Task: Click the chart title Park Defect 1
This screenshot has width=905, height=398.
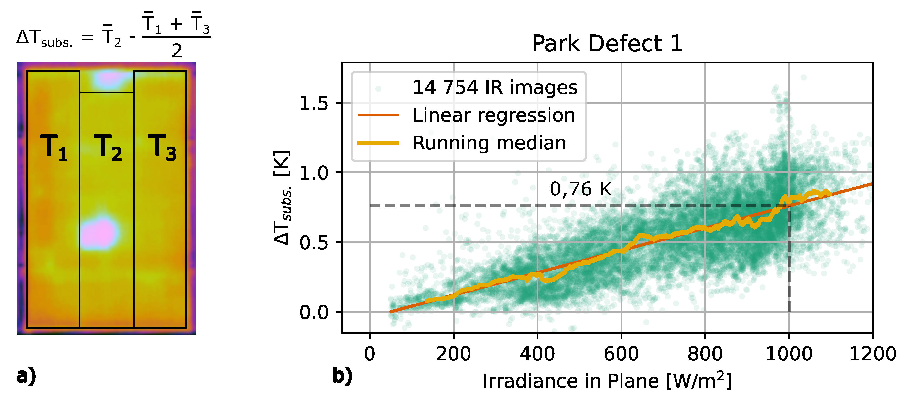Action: click(x=607, y=44)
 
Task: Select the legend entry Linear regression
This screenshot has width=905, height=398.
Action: click(x=494, y=115)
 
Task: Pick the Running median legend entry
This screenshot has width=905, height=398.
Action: click(x=489, y=143)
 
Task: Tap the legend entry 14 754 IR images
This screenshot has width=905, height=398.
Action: click(x=495, y=87)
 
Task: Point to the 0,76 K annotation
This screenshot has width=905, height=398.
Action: click(x=580, y=189)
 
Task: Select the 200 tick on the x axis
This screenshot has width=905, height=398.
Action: click(x=453, y=354)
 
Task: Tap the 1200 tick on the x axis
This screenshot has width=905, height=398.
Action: click(x=872, y=354)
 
